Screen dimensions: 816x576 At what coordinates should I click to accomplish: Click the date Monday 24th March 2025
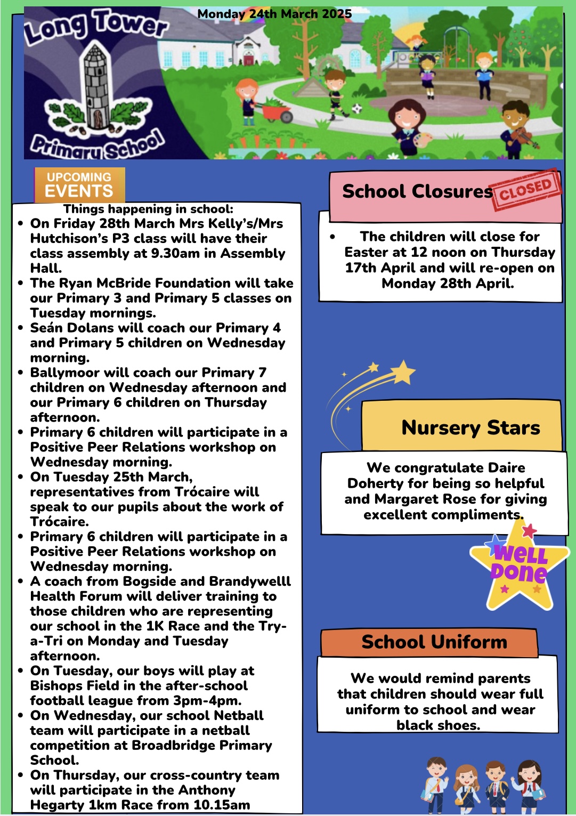pyautogui.click(x=274, y=14)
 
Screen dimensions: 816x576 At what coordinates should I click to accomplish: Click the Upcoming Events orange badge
pyautogui.click(x=79, y=185)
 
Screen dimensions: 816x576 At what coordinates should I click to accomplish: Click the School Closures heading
pyautogui.click(x=417, y=191)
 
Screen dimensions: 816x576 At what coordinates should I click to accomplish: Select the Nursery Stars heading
pyautogui.click(x=470, y=427)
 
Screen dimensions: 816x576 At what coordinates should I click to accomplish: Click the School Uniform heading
pyautogui.click(x=434, y=642)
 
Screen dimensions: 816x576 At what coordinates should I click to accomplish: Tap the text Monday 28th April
pyautogui.click(x=448, y=284)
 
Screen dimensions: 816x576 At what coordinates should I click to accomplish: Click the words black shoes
pyautogui.click(x=438, y=725)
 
